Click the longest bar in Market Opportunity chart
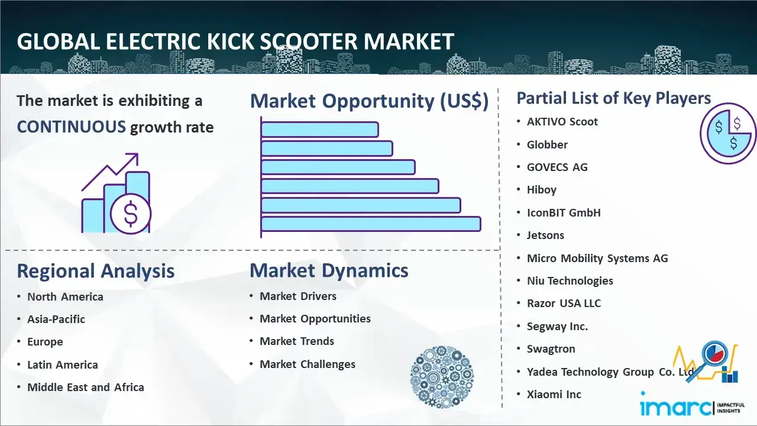371,224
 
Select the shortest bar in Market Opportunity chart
320,129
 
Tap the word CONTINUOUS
72,127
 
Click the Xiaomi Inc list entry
554,394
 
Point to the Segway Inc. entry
557,326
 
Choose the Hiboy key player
541,190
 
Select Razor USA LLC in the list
564,304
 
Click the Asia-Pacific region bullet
56,319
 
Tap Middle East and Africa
86,387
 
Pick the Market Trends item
297,341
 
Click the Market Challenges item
308,364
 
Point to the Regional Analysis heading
96,271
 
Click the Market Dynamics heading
329,270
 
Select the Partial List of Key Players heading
614,98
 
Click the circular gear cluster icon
442,377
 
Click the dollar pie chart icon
728,134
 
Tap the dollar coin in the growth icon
131,214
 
